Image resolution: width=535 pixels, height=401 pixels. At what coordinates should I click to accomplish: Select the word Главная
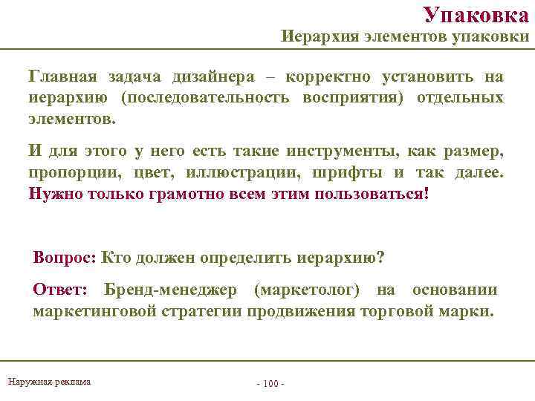[63, 76]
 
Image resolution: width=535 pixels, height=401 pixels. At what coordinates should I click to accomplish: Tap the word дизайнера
[213, 76]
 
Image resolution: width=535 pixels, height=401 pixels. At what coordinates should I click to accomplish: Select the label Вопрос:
[65, 257]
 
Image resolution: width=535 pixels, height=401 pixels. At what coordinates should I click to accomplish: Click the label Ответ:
[61, 290]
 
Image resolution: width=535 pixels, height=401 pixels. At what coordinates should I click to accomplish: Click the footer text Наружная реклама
[49, 382]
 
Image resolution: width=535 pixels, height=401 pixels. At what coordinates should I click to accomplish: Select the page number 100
[270, 384]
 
